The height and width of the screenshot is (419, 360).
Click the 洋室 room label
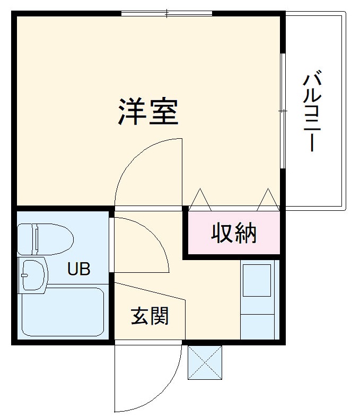[148, 111]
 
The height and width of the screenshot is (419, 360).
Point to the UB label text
[78, 269]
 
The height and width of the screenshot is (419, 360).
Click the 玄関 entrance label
[150, 316]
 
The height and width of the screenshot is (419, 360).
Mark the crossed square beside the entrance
[205, 362]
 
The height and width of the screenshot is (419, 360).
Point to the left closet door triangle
[200, 200]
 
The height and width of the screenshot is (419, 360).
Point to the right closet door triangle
[268, 200]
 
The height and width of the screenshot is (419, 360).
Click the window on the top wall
[166, 13]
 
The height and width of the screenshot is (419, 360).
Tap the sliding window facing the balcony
[283, 111]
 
